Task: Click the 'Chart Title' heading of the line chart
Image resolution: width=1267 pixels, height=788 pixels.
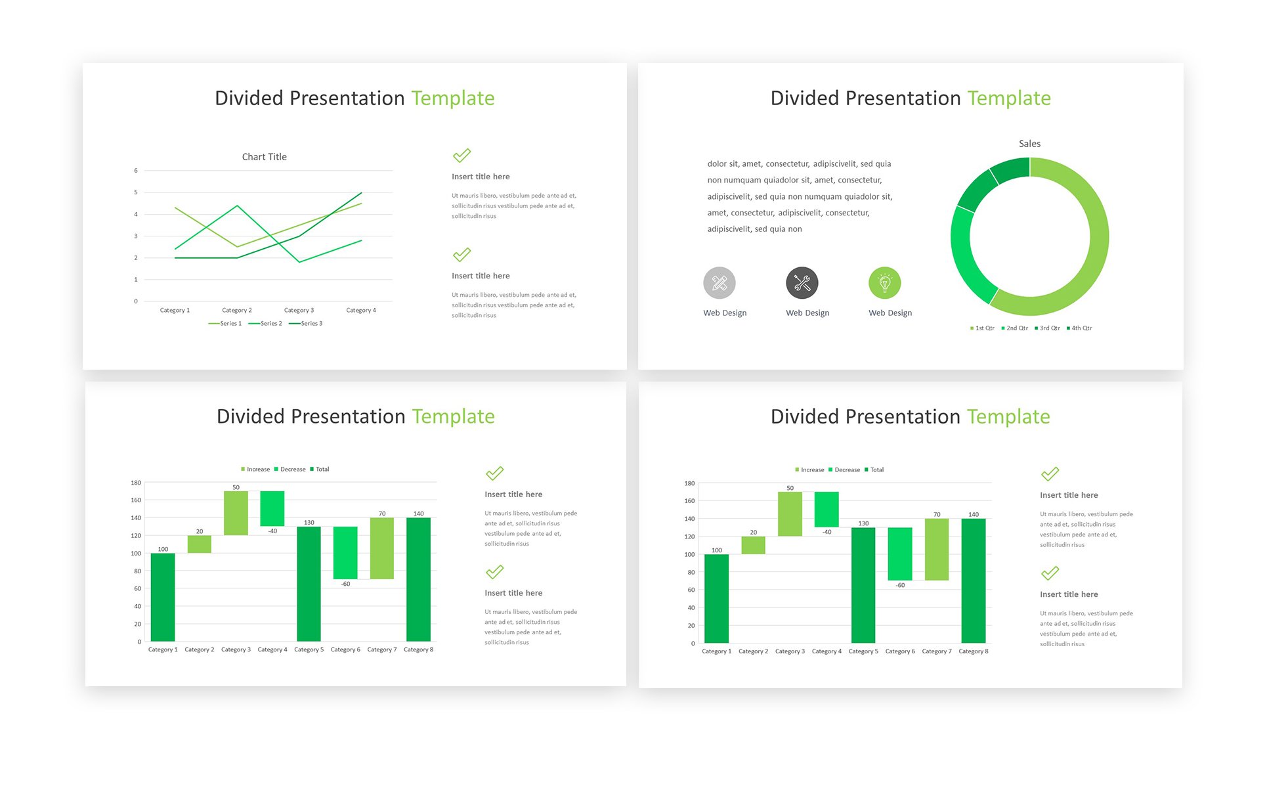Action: pyautogui.click(x=264, y=157)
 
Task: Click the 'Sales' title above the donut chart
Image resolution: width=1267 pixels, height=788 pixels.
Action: pyautogui.click(x=1029, y=144)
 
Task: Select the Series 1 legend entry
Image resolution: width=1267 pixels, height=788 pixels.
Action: pyautogui.click(x=225, y=324)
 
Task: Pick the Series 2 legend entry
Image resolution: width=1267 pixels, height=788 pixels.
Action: pyautogui.click(x=265, y=324)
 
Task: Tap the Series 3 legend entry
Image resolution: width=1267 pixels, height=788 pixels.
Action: pyautogui.click(x=306, y=324)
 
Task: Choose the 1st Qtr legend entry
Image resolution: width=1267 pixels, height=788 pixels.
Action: pyautogui.click(x=982, y=328)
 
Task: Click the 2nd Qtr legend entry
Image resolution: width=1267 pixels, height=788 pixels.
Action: pyautogui.click(x=1014, y=328)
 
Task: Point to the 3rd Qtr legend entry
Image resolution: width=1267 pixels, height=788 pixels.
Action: pyautogui.click(x=1047, y=328)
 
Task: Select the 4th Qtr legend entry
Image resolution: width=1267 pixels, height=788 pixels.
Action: pyautogui.click(x=1079, y=328)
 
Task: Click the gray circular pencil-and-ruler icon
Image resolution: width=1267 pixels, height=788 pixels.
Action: pyautogui.click(x=719, y=283)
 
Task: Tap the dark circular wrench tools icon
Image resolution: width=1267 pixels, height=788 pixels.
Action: pyautogui.click(x=802, y=283)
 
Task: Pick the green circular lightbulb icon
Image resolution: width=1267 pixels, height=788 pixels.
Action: pyautogui.click(x=885, y=283)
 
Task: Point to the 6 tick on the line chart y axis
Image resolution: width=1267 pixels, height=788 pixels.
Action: pyautogui.click(x=136, y=171)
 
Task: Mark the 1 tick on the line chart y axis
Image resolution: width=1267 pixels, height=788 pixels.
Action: pyautogui.click(x=136, y=280)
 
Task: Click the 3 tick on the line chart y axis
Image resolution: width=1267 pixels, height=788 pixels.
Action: pyautogui.click(x=136, y=236)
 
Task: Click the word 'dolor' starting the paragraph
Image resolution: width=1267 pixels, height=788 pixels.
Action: pyautogui.click(x=717, y=164)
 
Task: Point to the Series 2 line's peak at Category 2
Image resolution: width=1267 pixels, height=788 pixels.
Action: pyautogui.click(x=238, y=206)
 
